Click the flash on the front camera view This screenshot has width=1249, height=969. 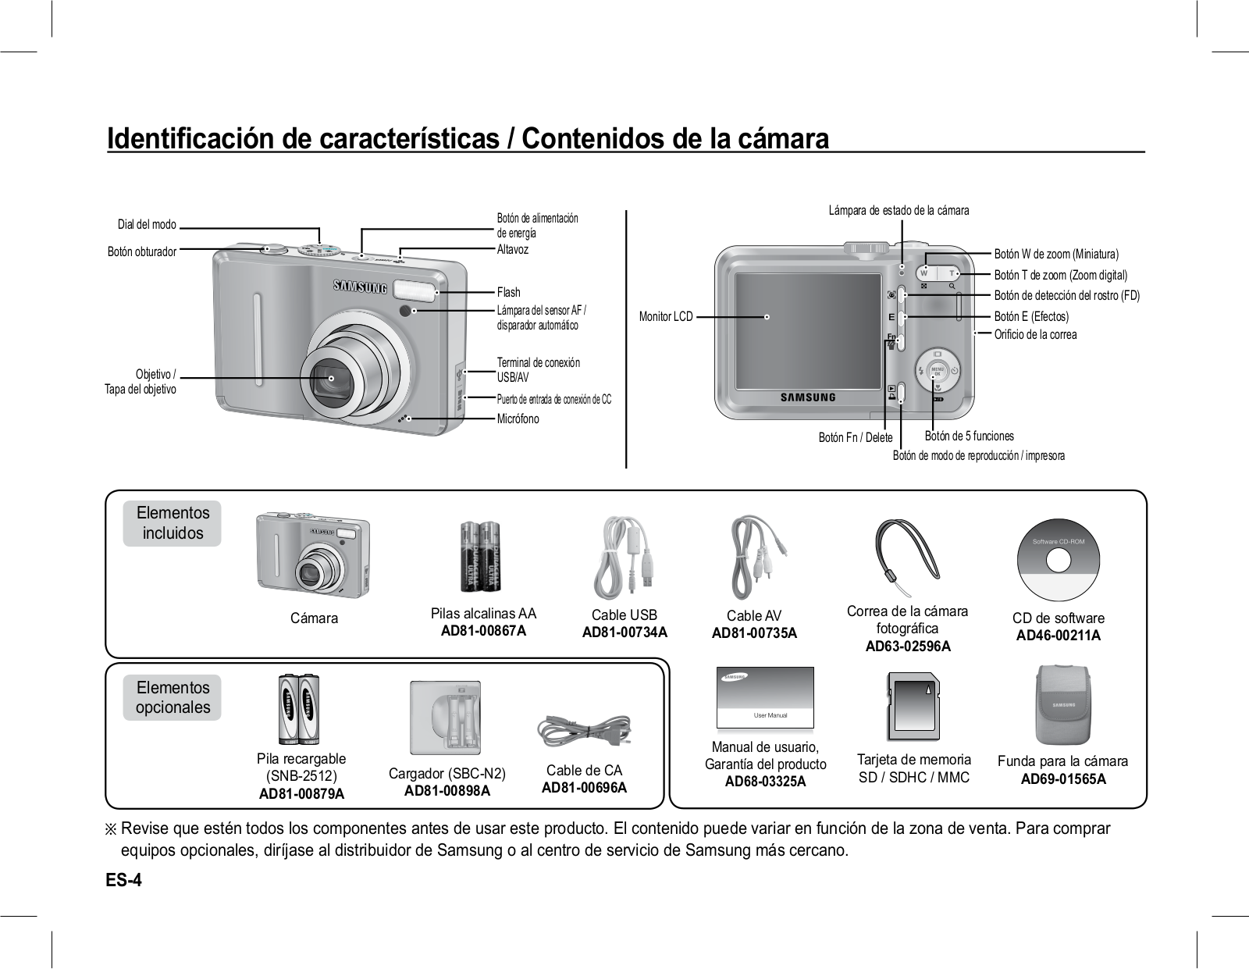point(414,291)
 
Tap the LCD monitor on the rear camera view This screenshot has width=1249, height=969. point(808,330)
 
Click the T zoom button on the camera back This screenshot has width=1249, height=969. point(951,273)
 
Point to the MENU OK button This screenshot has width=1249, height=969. point(938,370)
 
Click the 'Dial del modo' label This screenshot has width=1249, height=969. point(147,225)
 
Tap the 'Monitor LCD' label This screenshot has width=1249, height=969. point(666,317)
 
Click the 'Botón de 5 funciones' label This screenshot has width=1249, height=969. point(969,436)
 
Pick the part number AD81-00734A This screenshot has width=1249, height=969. point(624,632)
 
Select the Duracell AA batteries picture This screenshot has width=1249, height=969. point(479,556)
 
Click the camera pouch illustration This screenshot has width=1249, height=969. point(1062,705)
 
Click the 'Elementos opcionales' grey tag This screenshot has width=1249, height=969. point(173,697)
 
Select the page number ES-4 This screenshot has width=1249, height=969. point(125,880)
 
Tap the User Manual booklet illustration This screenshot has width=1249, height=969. point(765,697)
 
